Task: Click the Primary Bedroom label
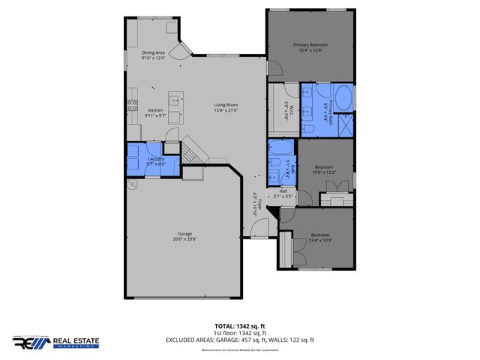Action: click(x=310, y=48)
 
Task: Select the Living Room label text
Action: click(x=225, y=108)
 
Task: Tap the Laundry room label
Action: click(x=155, y=160)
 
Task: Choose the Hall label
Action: click(x=283, y=193)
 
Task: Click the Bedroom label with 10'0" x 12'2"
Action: click(x=323, y=169)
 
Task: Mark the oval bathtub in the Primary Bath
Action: click(x=342, y=98)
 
